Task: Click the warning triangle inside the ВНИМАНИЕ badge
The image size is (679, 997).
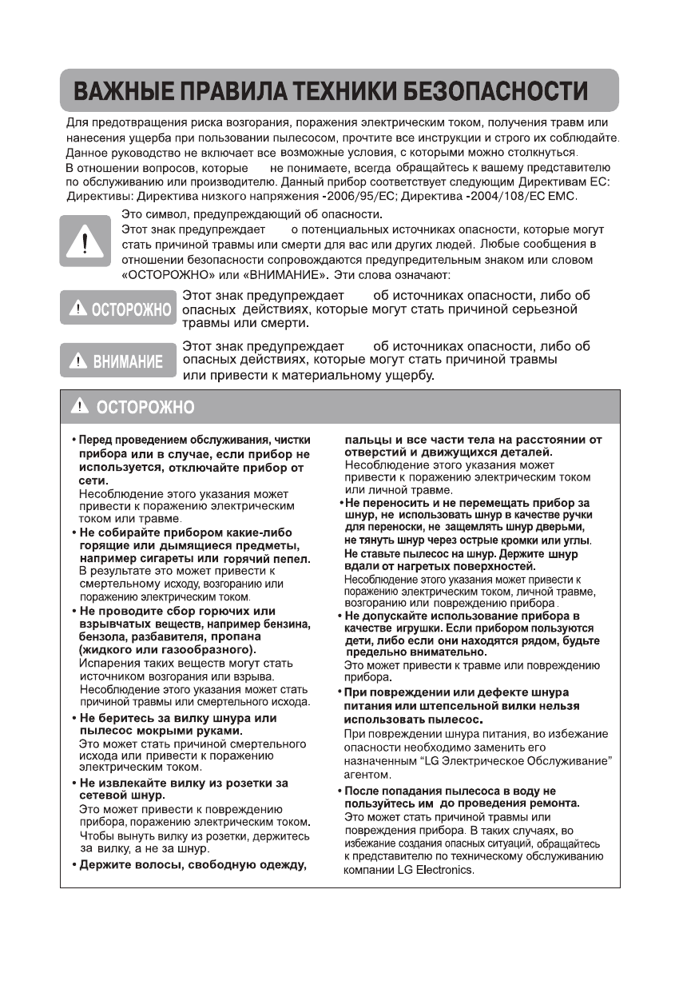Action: pyautogui.click(x=77, y=361)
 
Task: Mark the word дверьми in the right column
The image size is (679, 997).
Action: pyautogui.click(x=565, y=528)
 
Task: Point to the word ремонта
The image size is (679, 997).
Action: pyautogui.click(x=552, y=803)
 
